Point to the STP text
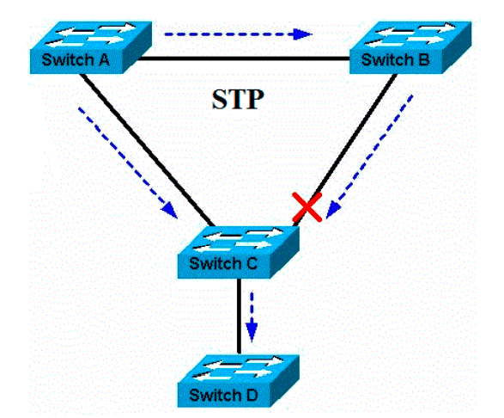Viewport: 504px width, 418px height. point(237,99)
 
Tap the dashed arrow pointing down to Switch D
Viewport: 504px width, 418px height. point(252,314)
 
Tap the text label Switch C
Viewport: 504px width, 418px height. point(226,262)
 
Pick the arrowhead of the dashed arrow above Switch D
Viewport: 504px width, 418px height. point(252,331)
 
